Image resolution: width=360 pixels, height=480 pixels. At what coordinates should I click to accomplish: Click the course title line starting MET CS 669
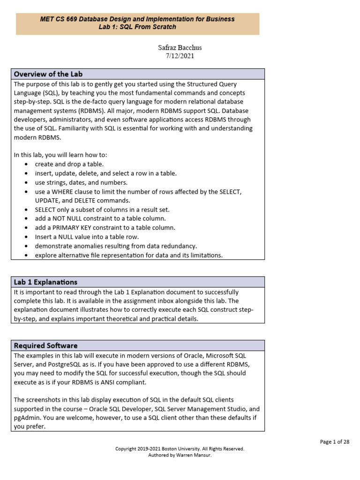(137, 19)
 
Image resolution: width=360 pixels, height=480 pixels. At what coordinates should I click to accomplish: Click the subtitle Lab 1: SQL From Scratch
(137, 27)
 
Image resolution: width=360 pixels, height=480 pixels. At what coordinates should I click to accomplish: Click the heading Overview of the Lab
(48, 74)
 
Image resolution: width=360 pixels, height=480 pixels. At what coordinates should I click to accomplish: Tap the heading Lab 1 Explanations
(45, 282)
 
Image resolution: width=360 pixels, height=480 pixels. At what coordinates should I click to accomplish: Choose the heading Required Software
(45, 346)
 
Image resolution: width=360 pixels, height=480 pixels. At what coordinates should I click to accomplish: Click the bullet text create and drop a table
(69, 164)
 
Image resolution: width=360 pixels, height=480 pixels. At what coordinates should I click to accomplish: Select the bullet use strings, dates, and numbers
(81, 182)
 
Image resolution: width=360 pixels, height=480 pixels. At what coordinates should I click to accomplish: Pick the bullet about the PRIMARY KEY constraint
(105, 228)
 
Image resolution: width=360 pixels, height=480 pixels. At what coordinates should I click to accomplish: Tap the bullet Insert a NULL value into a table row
(87, 237)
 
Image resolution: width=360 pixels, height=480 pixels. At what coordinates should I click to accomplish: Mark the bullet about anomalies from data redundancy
(116, 246)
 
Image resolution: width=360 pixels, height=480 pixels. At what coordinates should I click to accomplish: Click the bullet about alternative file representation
(128, 255)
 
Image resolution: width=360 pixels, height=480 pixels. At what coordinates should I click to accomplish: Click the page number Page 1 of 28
(335, 442)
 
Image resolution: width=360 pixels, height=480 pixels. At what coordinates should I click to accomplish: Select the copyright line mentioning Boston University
(180, 449)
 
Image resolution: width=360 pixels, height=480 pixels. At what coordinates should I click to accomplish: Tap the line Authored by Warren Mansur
(180, 455)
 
